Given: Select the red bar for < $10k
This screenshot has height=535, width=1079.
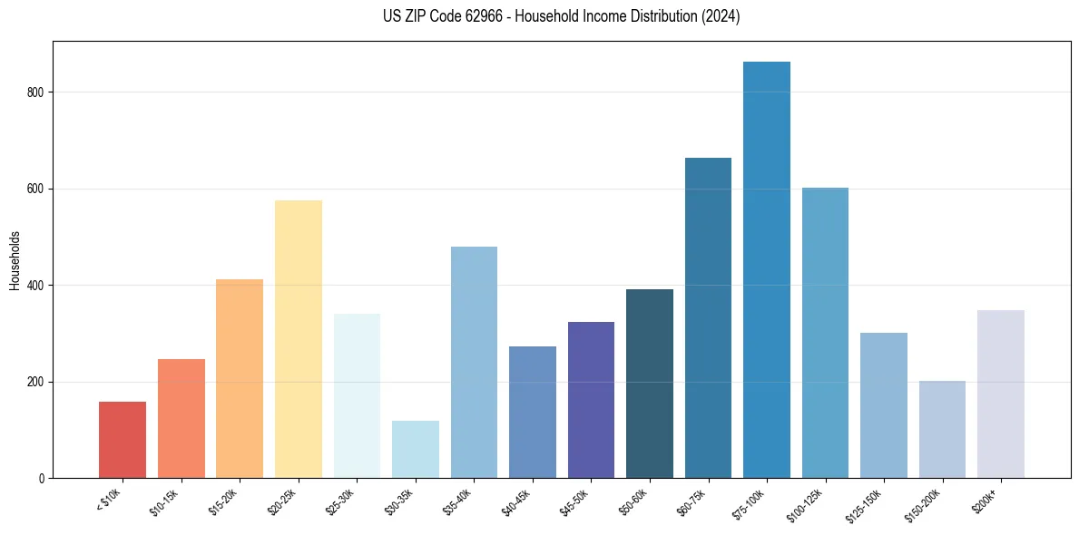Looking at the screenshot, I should click(123, 440).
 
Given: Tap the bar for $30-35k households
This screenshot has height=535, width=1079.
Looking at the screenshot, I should click(416, 450).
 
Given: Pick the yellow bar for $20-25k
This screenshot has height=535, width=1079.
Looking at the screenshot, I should click(299, 339).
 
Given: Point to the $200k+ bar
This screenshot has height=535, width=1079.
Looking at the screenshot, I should click(1001, 394).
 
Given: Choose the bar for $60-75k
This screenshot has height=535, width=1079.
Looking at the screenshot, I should click(708, 318).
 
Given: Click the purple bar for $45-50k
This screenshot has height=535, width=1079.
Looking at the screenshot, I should click(591, 400).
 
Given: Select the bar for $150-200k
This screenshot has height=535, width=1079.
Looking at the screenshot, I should click(942, 430).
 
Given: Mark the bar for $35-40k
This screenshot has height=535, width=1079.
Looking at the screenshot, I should click(474, 363).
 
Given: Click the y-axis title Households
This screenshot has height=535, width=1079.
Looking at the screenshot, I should click(15, 260).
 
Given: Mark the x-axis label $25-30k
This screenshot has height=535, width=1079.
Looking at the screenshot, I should click(340, 501).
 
